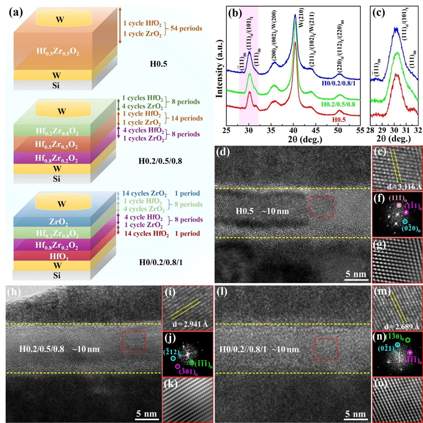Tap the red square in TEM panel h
click(x=134, y=342)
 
